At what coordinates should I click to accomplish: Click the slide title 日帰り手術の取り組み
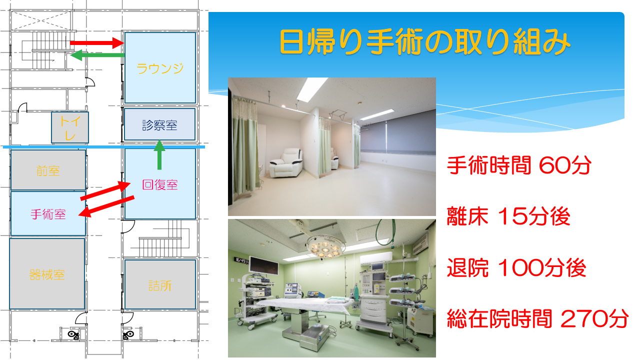[425, 41]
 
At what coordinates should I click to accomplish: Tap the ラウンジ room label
[160, 68]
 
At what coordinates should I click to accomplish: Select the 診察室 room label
[159, 125]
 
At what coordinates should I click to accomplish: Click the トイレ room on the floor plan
[70, 127]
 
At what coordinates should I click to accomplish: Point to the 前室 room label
[48, 171]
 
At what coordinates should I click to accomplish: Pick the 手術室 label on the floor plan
[48, 214]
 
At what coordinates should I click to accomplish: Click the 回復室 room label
[160, 184]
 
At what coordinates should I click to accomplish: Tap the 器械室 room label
[47, 275]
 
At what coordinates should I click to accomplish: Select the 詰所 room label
[160, 285]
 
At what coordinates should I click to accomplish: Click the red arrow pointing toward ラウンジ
[97, 43]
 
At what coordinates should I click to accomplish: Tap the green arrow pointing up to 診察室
[159, 154]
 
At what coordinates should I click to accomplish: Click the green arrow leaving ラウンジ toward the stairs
[97, 55]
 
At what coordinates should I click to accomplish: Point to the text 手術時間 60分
[519, 165]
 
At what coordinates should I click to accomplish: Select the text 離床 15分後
[508, 216]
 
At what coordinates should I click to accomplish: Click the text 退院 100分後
[516, 267]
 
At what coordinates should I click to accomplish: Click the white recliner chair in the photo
[286, 163]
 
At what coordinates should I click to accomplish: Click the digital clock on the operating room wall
[241, 260]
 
